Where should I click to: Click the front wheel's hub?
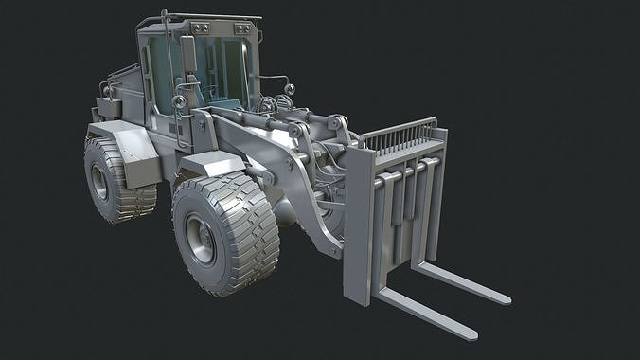click(201, 237)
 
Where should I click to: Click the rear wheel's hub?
click(99, 181)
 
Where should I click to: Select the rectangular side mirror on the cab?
click(187, 53)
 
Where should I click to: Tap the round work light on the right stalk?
click(289, 90)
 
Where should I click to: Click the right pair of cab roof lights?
click(245, 30)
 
